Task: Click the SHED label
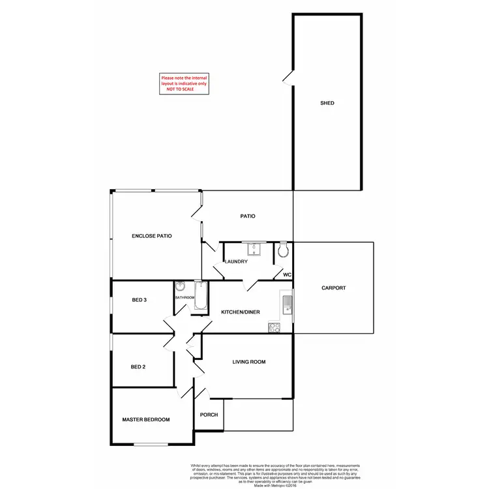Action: point(327,103)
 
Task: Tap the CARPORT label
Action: point(334,288)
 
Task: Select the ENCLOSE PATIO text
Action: point(151,235)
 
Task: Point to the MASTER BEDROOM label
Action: point(146,419)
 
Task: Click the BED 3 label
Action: point(139,300)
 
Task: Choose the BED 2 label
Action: point(138,366)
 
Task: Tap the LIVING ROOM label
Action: point(249,361)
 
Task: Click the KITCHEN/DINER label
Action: point(241,312)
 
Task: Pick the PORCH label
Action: point(209,415)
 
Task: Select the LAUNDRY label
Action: point(235,261)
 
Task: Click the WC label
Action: point(286,274)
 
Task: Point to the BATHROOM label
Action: point(184,297)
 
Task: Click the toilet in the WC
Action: point(283,250)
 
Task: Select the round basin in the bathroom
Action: point(180,287)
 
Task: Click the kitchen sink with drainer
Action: point(286,303)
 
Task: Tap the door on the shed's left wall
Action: point(288,78)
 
